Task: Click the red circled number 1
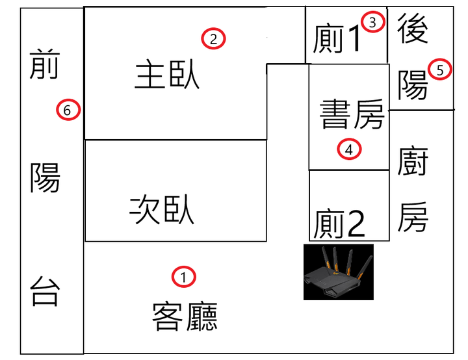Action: [x=183, y=277]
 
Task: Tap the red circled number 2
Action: [x=213, y=38]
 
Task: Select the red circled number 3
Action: [x=372, y=22]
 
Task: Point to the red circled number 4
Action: [x=349, y=149]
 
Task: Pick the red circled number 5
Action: [x=439, y=70]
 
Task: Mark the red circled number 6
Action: [x=68, y=110]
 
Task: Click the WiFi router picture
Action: [x=339, y=272]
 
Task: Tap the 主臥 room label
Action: [x=167, y=74]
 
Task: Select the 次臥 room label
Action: [x=162, y=209]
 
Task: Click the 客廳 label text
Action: [x=185, y=316]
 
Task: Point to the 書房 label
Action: [x=352, y=114]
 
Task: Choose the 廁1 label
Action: [x=337, y=38]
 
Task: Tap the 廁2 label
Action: [x=339, y=224]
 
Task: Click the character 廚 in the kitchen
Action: [x=413, y=161]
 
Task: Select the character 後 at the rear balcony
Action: [x=413, y=29]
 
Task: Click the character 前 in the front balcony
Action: [x=45, y=64]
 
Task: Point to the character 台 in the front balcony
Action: [x=45, y=291]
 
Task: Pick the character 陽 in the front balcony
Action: [x=45, y=177]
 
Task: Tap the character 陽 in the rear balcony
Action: [x=413, y=85]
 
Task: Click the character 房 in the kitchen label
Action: [x=413, y=217]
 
